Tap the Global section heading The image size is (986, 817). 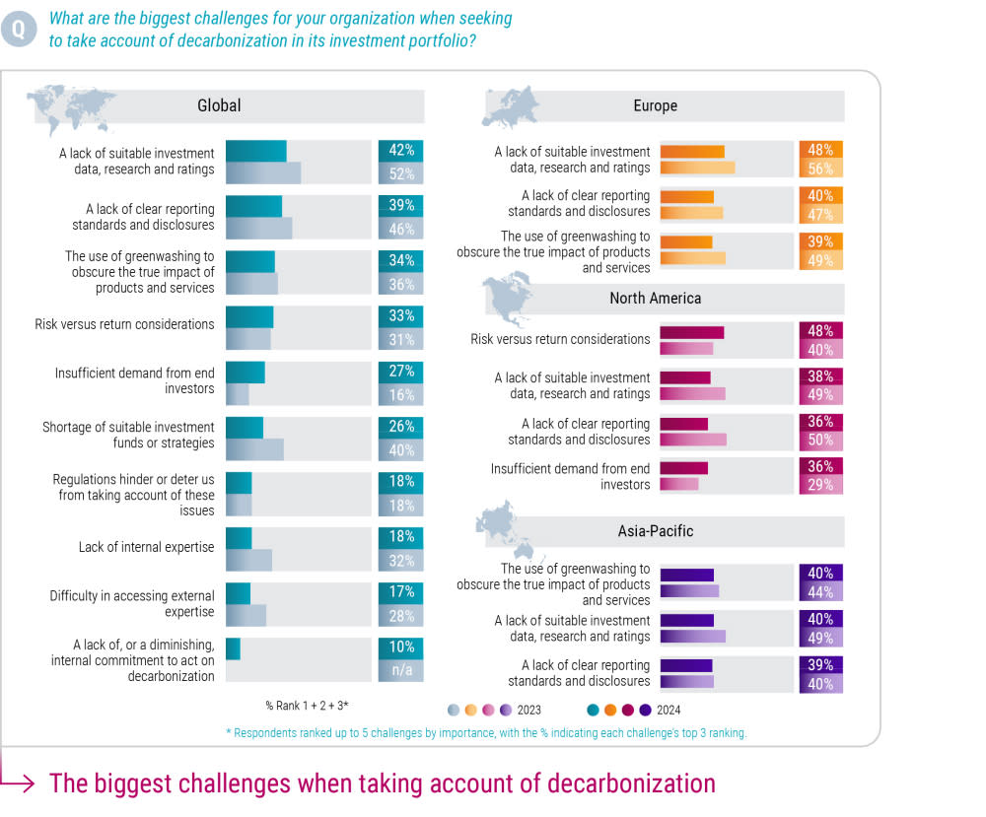[x=219, y=105]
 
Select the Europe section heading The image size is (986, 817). [x=655, y=105]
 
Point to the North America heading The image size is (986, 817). [x=655, y=298]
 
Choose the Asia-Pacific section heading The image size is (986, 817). [x=655, y=531]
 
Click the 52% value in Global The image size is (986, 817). [x=401, y=172]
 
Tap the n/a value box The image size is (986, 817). [x=401, y=669]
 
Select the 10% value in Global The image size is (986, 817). [x=401, y=648]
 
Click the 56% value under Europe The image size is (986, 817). [x=820, y=169]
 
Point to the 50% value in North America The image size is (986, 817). [x=820, y=440]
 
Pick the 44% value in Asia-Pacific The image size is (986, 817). [x=820, y=592]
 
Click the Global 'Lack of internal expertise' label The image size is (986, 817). [x=146, y=547]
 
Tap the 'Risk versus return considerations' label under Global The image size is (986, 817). [x=124, y=324]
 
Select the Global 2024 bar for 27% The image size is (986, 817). [x=246, y=372]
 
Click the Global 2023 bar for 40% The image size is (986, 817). [x=254, y=448]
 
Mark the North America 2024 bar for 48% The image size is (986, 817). [x=691, y=332]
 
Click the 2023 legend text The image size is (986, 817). [x=528, y=710]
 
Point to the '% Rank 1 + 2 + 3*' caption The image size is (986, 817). [x=307, y=706]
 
